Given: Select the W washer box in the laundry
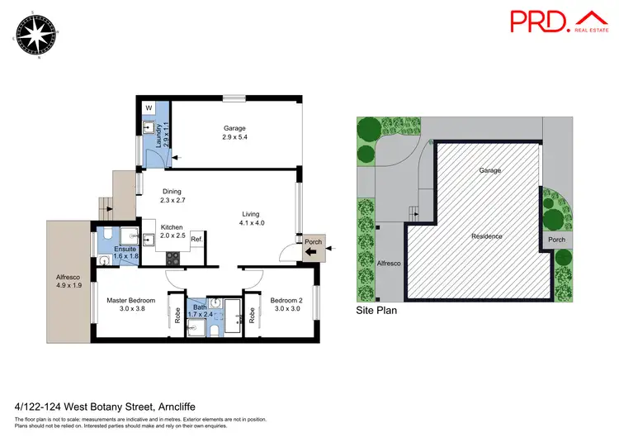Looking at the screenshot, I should click(x=149, y=107).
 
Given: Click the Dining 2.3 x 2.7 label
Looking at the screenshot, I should click(x=173, y=194).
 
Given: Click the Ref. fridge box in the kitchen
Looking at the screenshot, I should click(x=196, y=240).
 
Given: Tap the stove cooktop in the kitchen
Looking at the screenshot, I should click(x=174, y=257).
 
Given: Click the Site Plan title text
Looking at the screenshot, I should click(x=376, y=312).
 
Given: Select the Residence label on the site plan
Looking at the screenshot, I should click(x=486, y=236).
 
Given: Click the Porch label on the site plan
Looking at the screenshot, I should click(x=557, y=240).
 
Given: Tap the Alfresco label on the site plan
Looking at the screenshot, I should click(x=389, y=263).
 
